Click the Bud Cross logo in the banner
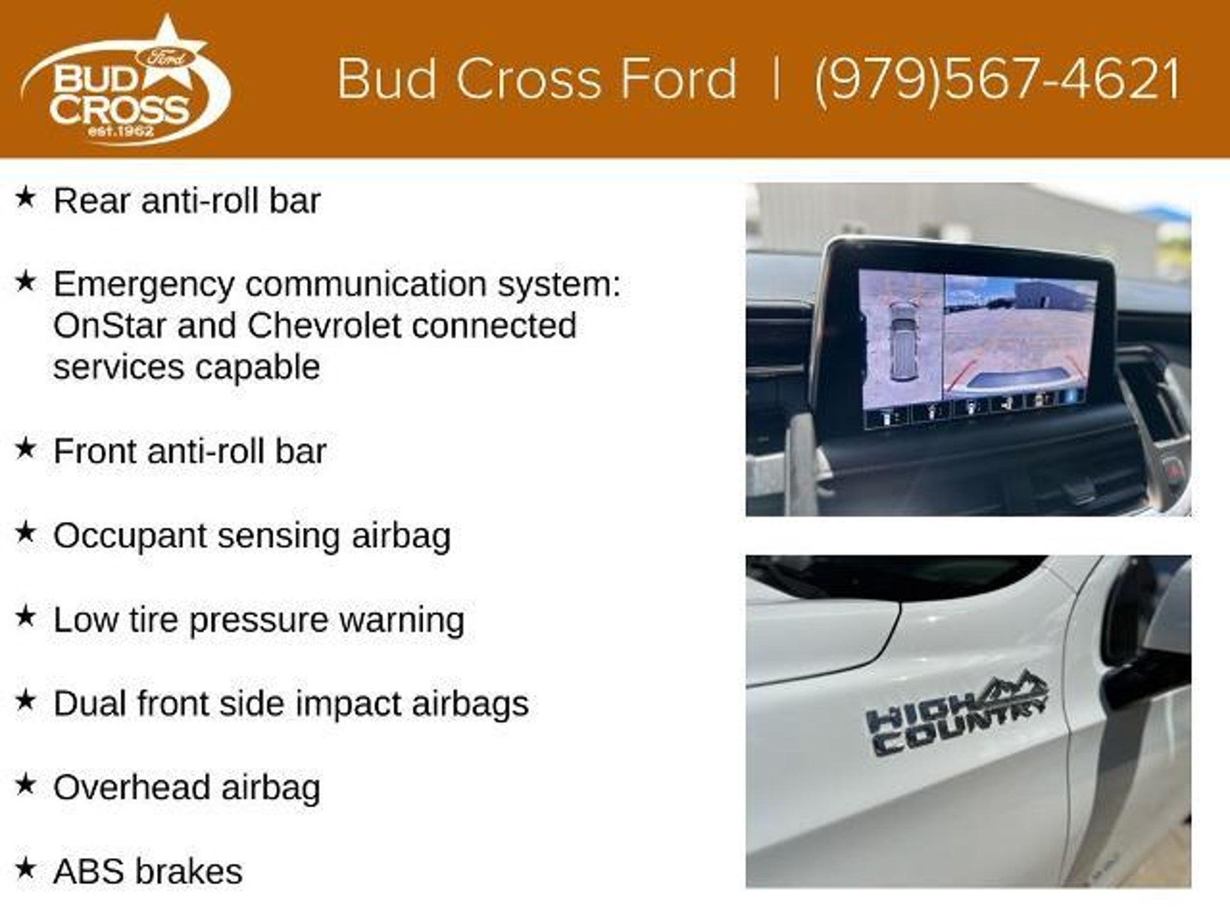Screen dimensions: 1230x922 tap(126, 80)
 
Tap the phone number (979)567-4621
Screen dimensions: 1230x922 tap(997, 80)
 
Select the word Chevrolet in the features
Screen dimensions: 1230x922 tap(324, 326)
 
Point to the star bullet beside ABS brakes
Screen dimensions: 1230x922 tap(26, 868)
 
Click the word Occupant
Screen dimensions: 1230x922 tap(130, 536)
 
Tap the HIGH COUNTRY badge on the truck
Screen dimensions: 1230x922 tap(957, 718)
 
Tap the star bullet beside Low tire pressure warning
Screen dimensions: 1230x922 tap(26, 616)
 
